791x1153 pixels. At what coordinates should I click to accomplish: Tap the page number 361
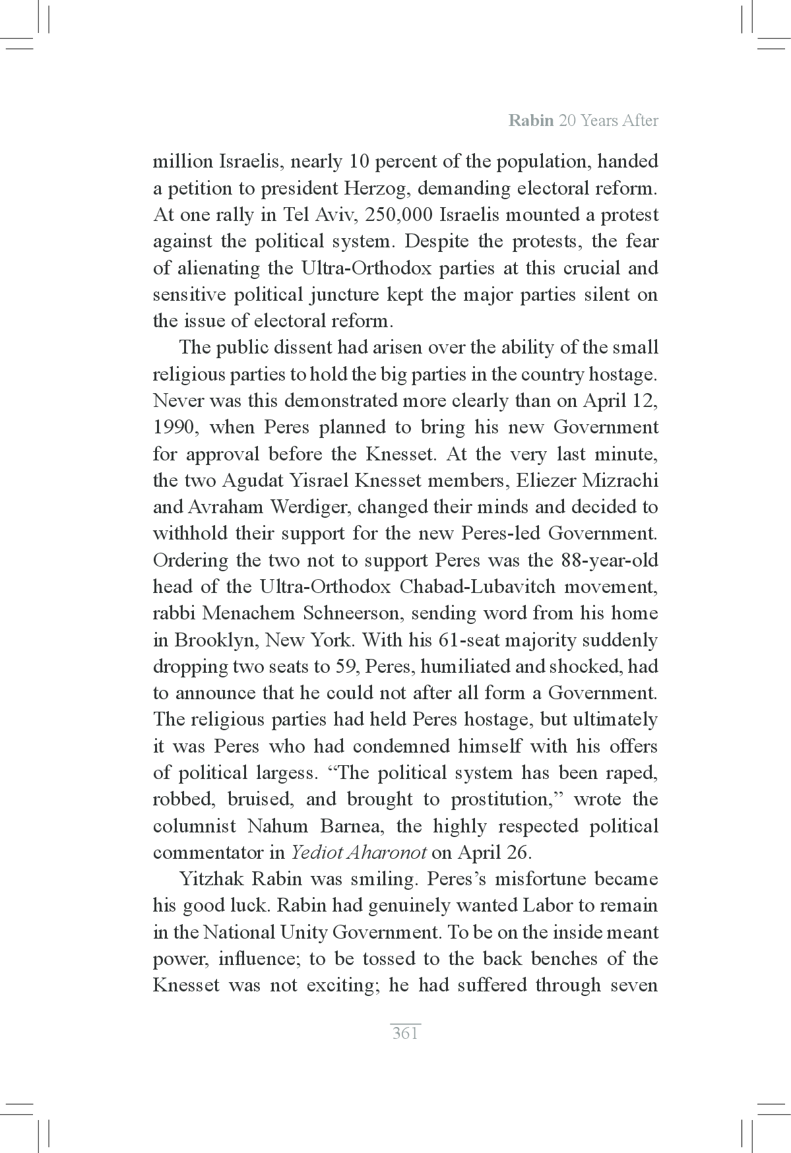coord(405,1033)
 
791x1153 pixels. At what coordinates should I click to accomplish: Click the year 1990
coord(174,427)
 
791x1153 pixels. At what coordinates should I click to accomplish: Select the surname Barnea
coord(358,826)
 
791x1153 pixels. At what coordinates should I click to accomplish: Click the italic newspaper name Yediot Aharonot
coord(359,852)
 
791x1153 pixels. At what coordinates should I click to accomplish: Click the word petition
coord(199,189)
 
